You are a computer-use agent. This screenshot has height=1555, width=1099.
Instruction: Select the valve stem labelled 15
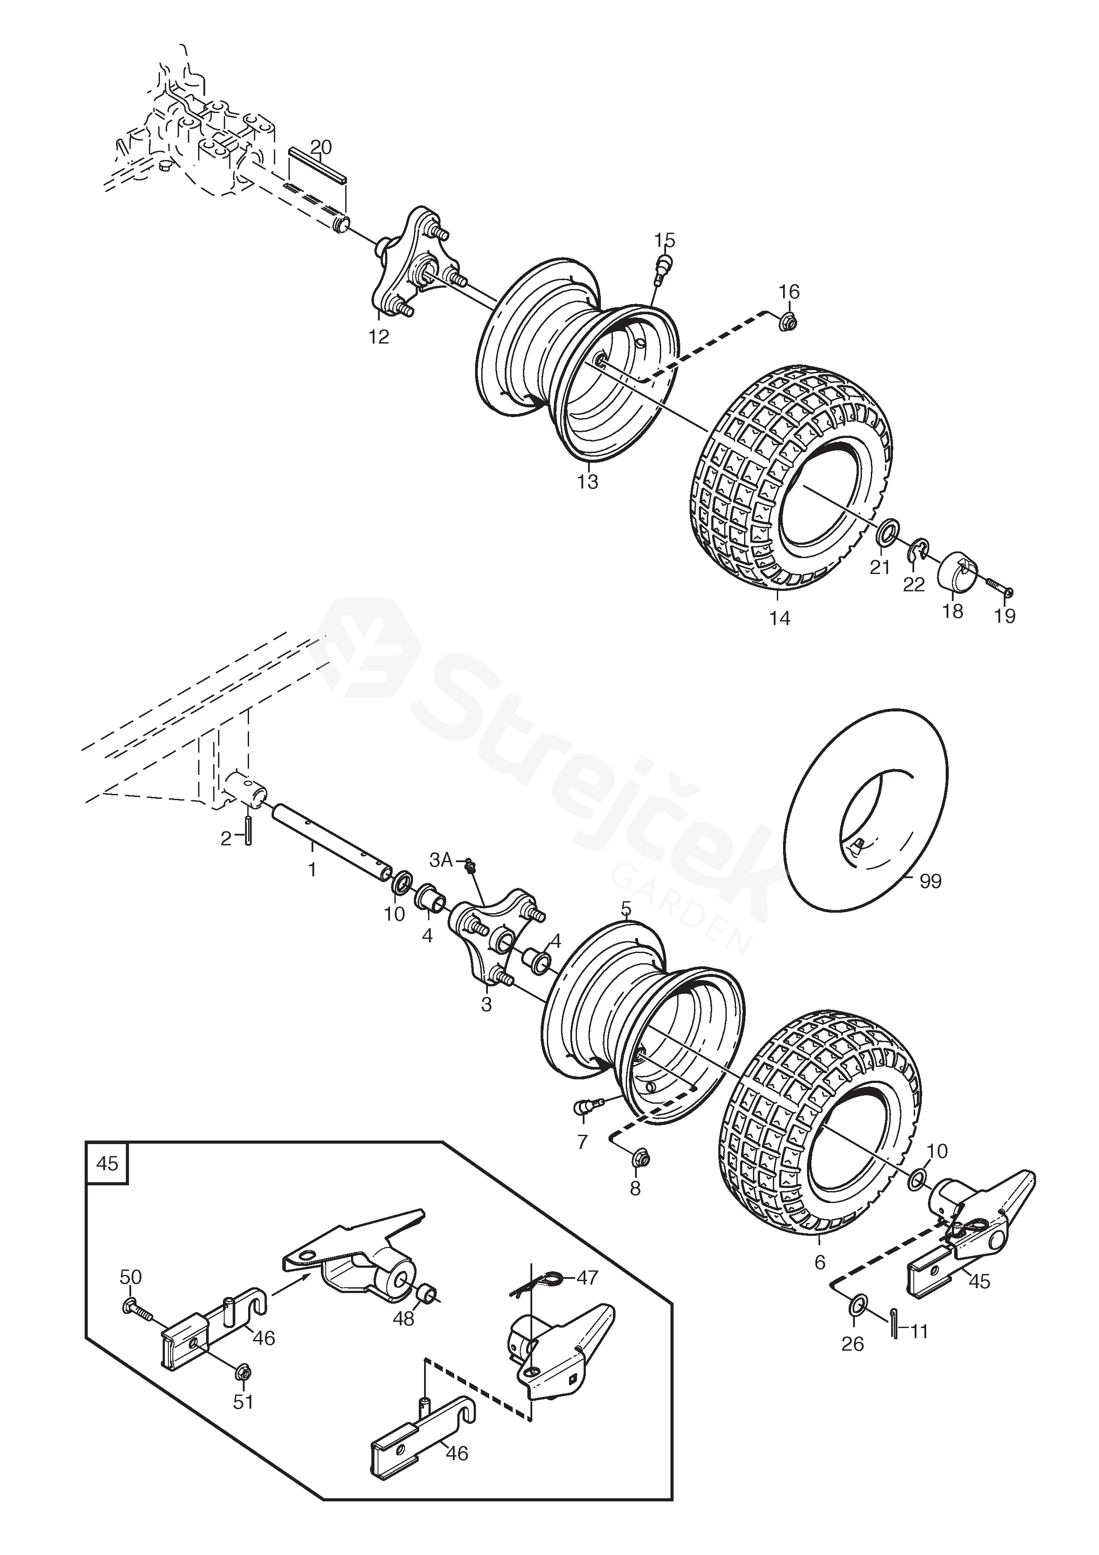(x=663, y=266)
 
